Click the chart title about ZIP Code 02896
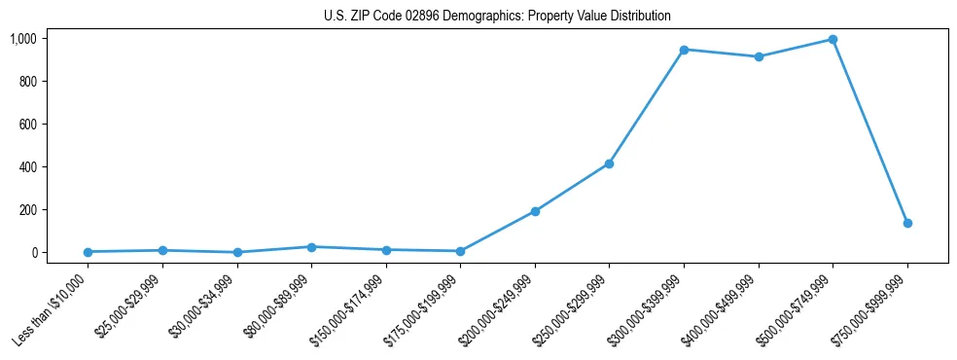coord(497,17)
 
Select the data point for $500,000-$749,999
coord(833,40)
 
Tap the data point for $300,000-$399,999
coord(684,50)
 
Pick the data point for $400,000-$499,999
coord(759,56)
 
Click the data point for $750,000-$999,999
coord(907,223)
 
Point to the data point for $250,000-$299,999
coord(609,163)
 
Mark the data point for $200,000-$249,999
coord(535,211)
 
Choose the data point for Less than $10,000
coord(88,252)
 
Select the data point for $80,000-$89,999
coord(311,247)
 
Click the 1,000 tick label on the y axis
coord(23,39)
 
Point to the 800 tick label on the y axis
coord(27,82)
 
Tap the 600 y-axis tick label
coord(27,125)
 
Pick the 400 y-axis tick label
coord(27,167)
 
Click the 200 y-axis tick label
coord(27,210)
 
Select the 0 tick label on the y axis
coord(33,253)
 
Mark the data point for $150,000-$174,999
coord(386,250)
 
